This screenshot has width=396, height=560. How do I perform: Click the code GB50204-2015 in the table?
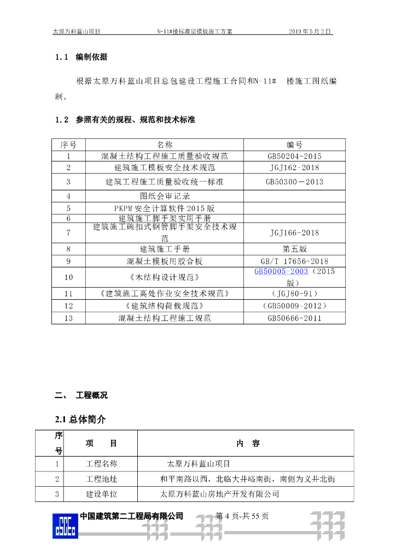pyautogui.click(x=294, y=156)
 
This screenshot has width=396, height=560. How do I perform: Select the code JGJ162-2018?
pyautogui.click(x=294, y=168)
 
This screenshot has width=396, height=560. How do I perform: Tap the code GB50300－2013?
pyautogui.click(x=294, y=182)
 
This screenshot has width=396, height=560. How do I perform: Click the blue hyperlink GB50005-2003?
pyautogui.click(x=282, y=272)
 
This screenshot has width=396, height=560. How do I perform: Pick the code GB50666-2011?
pyautogui.click(x=294, y=318)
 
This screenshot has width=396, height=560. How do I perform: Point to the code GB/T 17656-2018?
pyautogui.click(x=294, y=261)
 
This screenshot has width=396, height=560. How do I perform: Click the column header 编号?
pyautogui.click(x=294, y=144)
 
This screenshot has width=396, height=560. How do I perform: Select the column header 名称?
pyautogui.click(x=165, y=144)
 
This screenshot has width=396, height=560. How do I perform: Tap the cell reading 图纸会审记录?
pyautogui.click(x=165, y=196)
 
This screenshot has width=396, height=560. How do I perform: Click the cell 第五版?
pyautogui.click(x=294, y=248)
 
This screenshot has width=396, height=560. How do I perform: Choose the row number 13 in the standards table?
pyautogui.click(x=68, y=318)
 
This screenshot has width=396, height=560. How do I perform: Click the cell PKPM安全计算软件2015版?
pyautogui.click(x=165, y=208)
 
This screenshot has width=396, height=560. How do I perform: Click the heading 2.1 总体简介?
pyautogui.click(x=80, y=419)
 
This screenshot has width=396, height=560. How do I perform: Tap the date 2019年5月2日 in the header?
pyautogui.click(x=311, y=32)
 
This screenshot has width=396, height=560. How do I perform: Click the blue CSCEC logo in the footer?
pyautogui.click(x=66, y=526)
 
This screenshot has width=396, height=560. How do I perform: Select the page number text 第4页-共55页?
pyautogui.click(x=242, y=516)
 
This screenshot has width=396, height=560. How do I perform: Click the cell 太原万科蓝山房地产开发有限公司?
pyautogui.click(x=219, y=494)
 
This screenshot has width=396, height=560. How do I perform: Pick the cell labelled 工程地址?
pyautogui.click(x=101, y=479)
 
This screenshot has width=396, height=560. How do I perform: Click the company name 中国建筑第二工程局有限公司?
pyautogui.click(x=131, y=516)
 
